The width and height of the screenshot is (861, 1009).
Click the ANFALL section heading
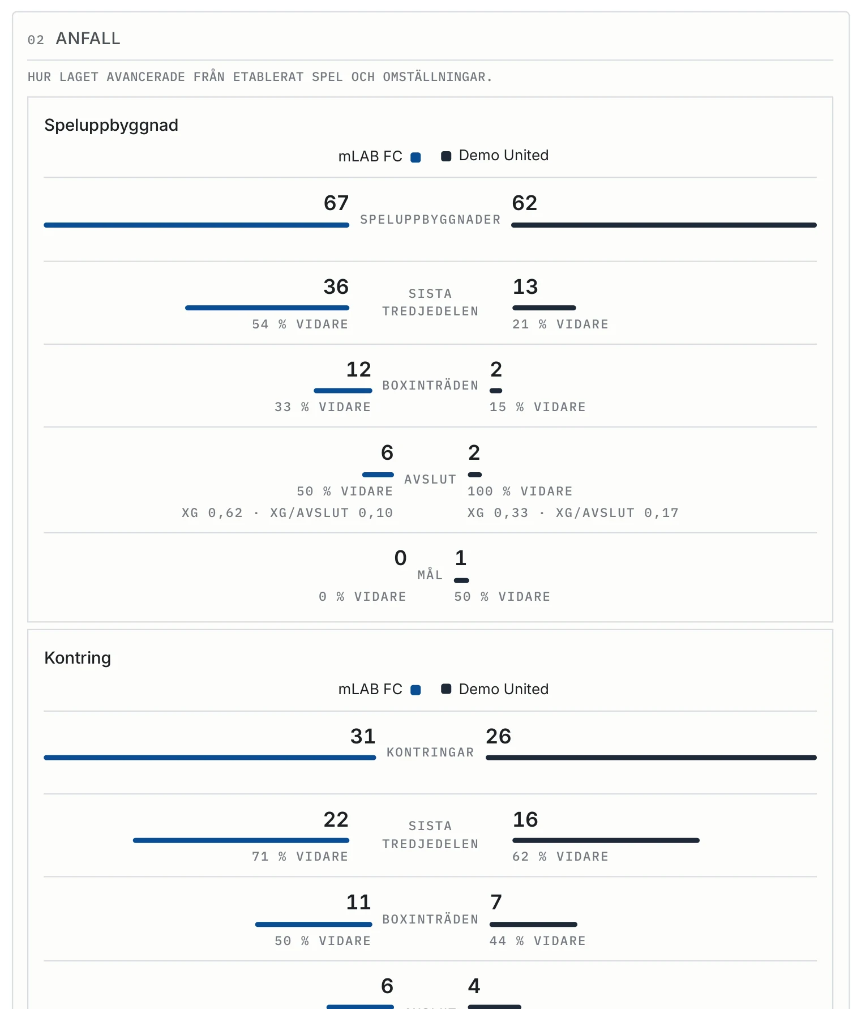[88, 39]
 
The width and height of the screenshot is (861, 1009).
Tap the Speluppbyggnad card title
[111, 125]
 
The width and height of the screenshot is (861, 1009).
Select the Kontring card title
[78, 658]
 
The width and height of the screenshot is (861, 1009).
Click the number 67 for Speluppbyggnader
[336, 203]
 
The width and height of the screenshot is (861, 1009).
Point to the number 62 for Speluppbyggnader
[525, 203]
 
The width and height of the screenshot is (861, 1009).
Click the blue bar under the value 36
[267, 308]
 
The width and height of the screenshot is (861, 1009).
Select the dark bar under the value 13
[544, 308]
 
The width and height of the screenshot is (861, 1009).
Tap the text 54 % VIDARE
[300, 324]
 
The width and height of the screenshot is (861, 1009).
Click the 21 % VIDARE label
[560, 324]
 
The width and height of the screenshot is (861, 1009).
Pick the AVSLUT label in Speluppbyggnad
[430, 480]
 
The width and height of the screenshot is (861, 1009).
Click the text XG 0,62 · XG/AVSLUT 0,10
[288, 513]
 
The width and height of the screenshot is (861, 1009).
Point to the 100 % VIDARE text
[520, 491]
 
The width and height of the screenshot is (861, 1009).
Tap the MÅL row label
[430, 575]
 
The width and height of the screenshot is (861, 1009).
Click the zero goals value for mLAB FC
[400, 558]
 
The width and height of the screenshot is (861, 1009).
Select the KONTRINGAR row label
[430, 753]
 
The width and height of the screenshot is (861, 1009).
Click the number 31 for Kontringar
[363, 736]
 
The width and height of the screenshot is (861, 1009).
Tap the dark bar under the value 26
[651, 758]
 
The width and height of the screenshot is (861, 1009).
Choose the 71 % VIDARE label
[300, 857]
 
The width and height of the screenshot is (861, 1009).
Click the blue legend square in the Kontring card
[415, 690]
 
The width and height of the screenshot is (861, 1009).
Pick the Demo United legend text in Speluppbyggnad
[504, 155]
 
